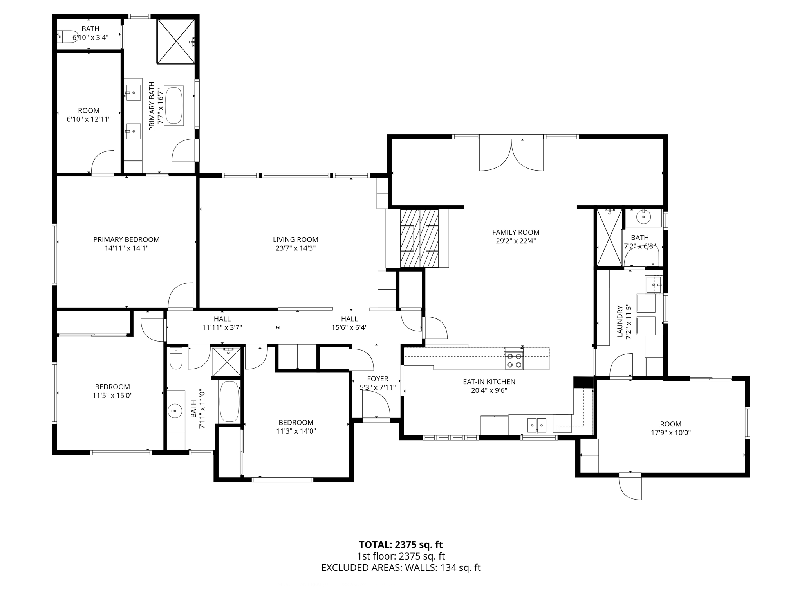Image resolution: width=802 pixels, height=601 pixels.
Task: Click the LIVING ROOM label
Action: point(295,239)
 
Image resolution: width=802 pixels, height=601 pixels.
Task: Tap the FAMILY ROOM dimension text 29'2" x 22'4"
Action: point(515,241)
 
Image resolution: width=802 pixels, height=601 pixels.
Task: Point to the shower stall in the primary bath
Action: point(176,40)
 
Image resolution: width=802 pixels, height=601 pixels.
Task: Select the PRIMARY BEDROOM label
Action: point(126,239)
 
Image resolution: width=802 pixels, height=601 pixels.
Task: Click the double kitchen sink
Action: point(536,424)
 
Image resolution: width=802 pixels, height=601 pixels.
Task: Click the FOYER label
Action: point(378,379)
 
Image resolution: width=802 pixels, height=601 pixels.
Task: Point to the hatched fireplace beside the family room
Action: point(419,238)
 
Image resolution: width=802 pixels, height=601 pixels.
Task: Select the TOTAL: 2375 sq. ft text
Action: point(401,545)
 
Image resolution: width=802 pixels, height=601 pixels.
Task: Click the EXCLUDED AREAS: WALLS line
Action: point(401,568)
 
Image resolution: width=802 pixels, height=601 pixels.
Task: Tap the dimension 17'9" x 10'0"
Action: point(670,433)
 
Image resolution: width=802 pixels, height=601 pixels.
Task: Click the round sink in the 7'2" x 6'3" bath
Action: point(643,217)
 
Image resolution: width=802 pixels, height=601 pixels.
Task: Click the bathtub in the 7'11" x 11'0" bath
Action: point(229,401)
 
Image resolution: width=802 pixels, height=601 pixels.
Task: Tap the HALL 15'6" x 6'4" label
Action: point(349,323)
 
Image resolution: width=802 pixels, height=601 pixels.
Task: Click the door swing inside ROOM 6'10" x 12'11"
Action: point(103,162)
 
